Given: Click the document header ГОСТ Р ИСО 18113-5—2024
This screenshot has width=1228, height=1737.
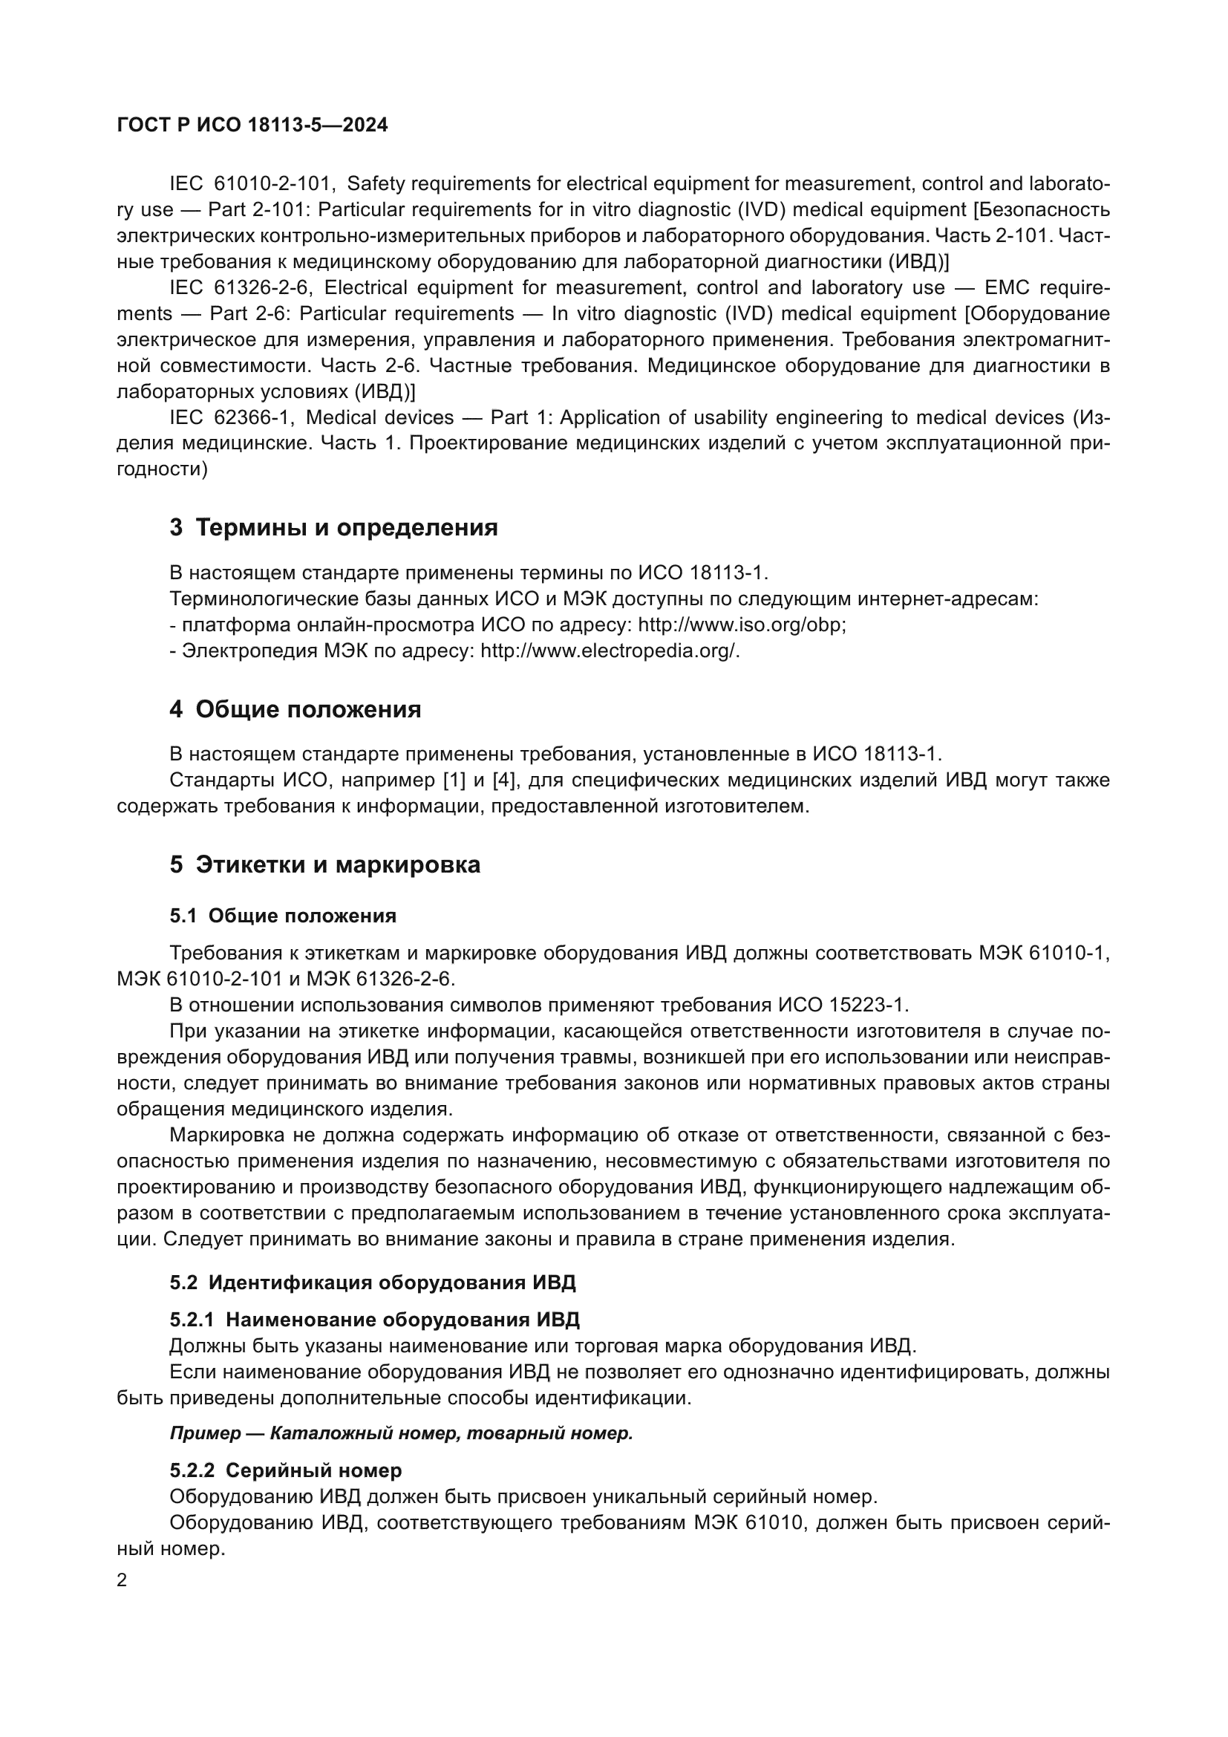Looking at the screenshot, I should [252, 126].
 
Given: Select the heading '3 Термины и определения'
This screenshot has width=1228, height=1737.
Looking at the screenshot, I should [333, 527].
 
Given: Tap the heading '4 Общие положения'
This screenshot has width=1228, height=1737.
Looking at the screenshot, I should [295, 710].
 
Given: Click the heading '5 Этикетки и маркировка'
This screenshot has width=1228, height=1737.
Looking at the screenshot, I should [324, 864].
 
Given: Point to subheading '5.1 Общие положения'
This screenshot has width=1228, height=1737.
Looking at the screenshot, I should [283, 916].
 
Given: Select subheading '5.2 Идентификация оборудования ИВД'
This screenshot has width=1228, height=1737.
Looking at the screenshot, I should [372, 1283].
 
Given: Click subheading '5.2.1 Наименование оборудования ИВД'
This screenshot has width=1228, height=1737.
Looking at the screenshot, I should [374, 1320].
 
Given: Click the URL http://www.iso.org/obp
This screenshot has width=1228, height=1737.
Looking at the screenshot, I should [741, 625].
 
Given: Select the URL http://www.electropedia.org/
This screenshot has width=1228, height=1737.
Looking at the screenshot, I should [609, 651].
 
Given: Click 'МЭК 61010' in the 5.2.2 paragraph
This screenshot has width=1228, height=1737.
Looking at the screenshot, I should [747, 1523].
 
